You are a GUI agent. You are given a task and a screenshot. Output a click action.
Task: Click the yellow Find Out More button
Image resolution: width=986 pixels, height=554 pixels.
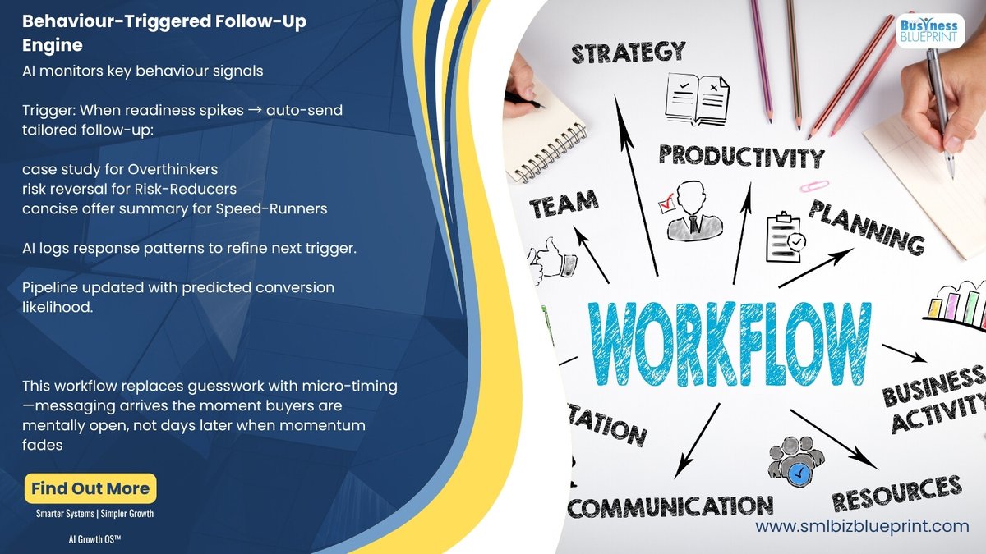(90, 489)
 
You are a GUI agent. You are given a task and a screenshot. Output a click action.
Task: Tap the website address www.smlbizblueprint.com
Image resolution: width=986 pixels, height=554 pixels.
(862, 526)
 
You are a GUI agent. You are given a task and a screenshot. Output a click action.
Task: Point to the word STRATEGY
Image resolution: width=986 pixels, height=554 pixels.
(629, 53)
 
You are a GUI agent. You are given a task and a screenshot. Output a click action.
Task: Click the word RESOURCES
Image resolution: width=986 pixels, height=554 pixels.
(896, 493)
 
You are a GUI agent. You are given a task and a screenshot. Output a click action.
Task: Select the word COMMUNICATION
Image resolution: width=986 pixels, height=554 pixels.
(670, 506)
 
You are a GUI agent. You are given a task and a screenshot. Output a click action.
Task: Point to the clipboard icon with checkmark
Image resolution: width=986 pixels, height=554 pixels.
(785, 237)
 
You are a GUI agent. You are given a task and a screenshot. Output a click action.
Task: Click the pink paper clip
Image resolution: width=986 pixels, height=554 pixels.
(814, 186)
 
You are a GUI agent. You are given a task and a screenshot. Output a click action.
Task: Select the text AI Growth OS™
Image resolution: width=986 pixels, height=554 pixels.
(95, 539)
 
